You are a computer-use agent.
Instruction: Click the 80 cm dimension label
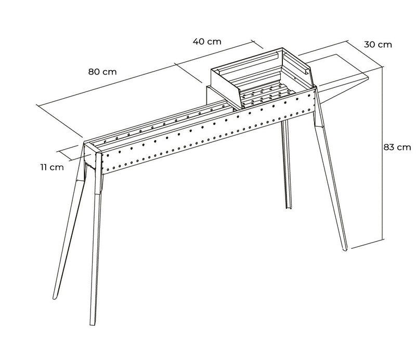102,72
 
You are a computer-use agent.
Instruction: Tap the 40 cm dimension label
206,42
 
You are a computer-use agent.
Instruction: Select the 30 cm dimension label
378,45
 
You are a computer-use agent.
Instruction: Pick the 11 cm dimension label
52,167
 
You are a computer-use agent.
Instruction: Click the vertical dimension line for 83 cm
383,156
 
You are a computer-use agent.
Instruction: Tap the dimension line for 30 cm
365,52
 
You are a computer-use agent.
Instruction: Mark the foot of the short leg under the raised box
287,208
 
